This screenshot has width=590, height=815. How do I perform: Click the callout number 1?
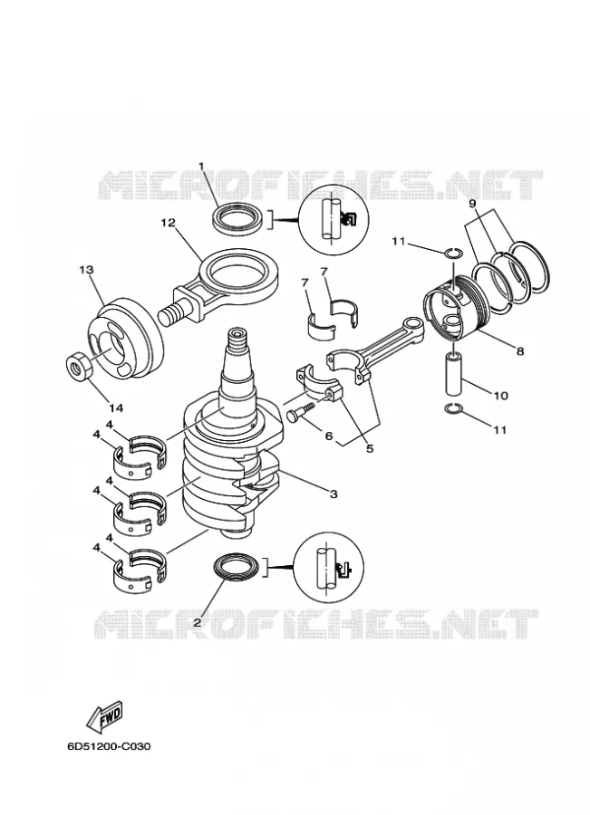(x=201, y=166)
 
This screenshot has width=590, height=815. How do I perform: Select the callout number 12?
(x=168, y=223)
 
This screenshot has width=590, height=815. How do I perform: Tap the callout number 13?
(x=86, y=269)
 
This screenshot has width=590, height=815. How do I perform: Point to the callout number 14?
(x=117, y=408)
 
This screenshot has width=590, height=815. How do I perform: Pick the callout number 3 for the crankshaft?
(x=334, y=494)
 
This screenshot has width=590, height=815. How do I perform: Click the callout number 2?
(x=197, y=621)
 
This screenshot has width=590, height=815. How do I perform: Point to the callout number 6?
(x=328, y=436)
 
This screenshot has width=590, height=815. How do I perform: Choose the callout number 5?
(x=370, y=448)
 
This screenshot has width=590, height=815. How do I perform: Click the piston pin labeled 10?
(x=454, y=374)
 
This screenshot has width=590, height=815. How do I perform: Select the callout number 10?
(x=500, y=396)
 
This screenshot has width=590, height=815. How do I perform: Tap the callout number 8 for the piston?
(x=520, y=350)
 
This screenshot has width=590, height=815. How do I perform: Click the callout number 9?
(x=472, y=203)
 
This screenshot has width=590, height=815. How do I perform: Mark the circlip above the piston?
(x=452, y=254)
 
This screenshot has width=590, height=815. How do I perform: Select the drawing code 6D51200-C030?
(x=109, y=746)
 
